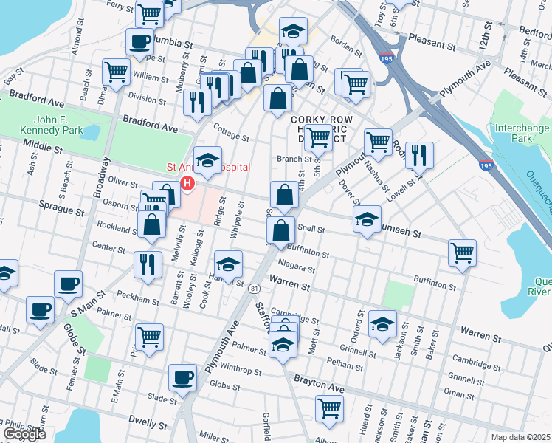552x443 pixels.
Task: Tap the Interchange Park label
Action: point(522,133)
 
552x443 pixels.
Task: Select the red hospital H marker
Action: point(187,183)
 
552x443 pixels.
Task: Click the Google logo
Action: point(24,434)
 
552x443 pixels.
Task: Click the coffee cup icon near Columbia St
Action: point(139,42)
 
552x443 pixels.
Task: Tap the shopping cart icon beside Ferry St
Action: point(150,13)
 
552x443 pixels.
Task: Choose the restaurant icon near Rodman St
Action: point(419,155)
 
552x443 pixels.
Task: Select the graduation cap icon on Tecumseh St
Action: point(367,219)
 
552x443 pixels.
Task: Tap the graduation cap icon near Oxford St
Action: point(382,324)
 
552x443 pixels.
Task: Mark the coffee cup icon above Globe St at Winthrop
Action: point(182,378)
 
